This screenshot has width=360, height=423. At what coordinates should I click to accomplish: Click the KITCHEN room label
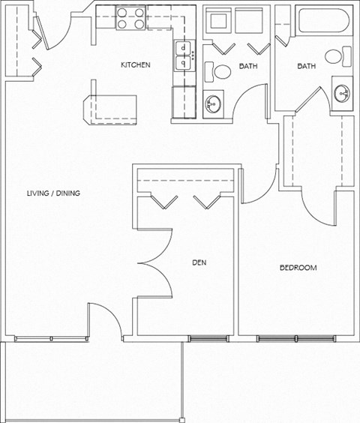click(x=136, y=65)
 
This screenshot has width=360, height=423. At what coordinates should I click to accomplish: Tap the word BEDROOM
click(x=298, y=268)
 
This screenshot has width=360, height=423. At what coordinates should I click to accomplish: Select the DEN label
click(x=199, y=262)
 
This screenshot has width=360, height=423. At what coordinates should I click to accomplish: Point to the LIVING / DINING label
click(x=53, y=193)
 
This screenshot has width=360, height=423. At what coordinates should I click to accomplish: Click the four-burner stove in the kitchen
click(x=130, y=19)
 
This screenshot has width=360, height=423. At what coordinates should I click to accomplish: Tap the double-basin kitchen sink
click(x=183, y=56)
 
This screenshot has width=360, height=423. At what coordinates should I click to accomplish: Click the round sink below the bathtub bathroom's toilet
click(x=342, y=94)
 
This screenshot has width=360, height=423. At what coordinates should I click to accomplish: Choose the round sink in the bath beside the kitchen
click(x=213, y=102)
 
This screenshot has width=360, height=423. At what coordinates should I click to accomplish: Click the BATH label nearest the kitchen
click(x=248, y=66)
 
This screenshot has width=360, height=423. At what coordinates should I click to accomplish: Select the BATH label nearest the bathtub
click(x=306, y=66)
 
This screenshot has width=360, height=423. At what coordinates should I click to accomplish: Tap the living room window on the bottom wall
click(x=52, y=338)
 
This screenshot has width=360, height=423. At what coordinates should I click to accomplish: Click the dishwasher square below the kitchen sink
click(x=184, y=98)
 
